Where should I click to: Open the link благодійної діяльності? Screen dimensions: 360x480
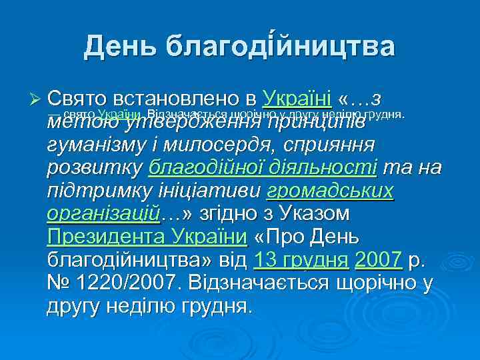click(263, 167)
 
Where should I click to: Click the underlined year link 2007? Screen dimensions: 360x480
click(378, 260)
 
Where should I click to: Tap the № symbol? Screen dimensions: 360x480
click(60, 283)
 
